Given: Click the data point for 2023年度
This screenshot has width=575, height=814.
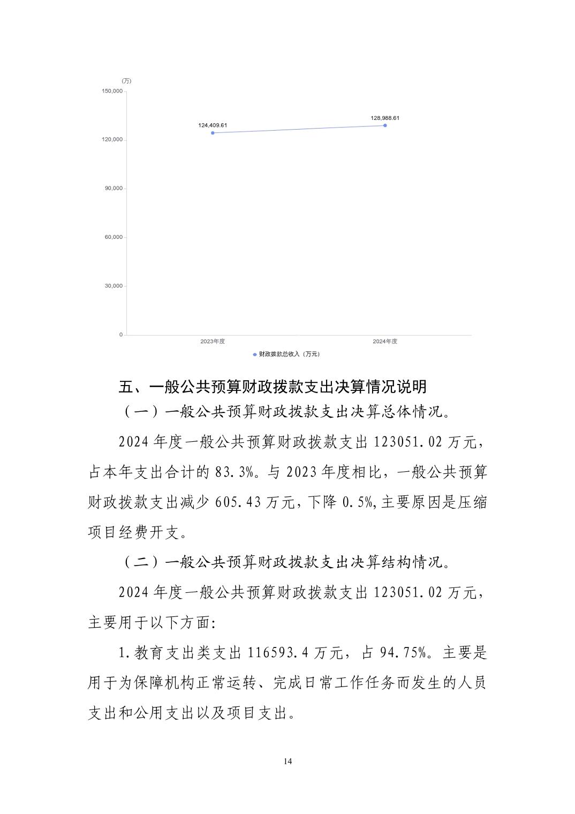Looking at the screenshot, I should [x=213, y=133].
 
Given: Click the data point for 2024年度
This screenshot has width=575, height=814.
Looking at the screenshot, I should [x=385, y=125].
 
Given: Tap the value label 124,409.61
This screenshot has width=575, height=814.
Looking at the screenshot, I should [x=213, y=125].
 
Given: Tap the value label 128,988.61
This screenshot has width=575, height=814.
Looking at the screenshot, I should [x=385, y=118].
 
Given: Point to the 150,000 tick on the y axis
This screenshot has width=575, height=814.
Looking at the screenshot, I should [x=112, y=91].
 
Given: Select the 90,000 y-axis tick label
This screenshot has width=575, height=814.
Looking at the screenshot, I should [x=114, y=189].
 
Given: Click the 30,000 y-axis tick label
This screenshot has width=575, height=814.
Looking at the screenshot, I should [x=114, y=286].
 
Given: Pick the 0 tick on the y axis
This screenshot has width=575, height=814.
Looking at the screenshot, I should [x=120, y=335].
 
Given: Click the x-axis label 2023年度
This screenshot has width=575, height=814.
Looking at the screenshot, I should [x=213, y=341].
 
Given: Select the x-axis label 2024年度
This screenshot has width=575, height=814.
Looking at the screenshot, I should [x=385, y=341].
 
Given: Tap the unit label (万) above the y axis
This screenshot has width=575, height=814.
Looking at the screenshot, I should [x=126, y=81].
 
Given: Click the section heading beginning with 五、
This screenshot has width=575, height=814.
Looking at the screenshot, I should [x=273, y=387].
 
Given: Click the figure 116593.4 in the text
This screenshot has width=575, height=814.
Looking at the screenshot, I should [x=278, y=653].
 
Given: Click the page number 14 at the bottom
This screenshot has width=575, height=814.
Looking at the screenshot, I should [x=288, y=762].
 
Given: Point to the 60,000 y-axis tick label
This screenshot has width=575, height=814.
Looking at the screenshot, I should [x=114, y=237].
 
